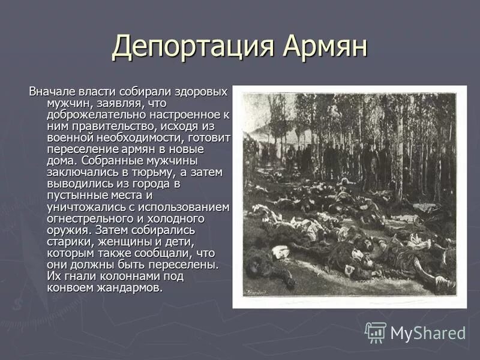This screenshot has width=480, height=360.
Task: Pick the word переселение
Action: (80, 149)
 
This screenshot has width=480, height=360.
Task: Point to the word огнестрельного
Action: (89, 218)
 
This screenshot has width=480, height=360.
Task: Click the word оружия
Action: (65, 230)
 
